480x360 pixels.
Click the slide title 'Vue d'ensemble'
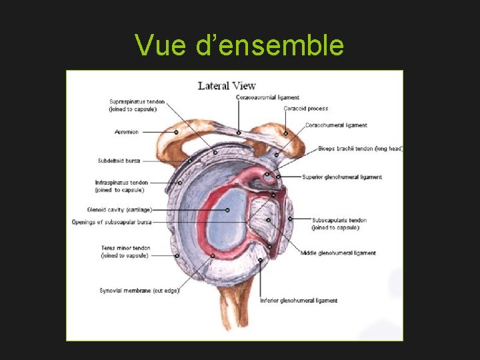(239, 45)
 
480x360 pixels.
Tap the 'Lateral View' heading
(227, 85)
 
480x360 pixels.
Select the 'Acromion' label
(127, 132)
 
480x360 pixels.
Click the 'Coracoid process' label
(305, 109)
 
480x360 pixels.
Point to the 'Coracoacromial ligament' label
(267, 97)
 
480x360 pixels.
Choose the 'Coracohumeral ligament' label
(336, 125)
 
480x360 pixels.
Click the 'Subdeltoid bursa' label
(119, 161)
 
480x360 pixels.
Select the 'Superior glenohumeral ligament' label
(342, 177)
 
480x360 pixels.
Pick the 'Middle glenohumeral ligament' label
(338, 253)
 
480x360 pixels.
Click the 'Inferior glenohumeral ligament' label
(299, 301)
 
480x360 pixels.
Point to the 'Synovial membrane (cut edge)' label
(139, 291)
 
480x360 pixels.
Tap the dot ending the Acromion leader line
(176, 132)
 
